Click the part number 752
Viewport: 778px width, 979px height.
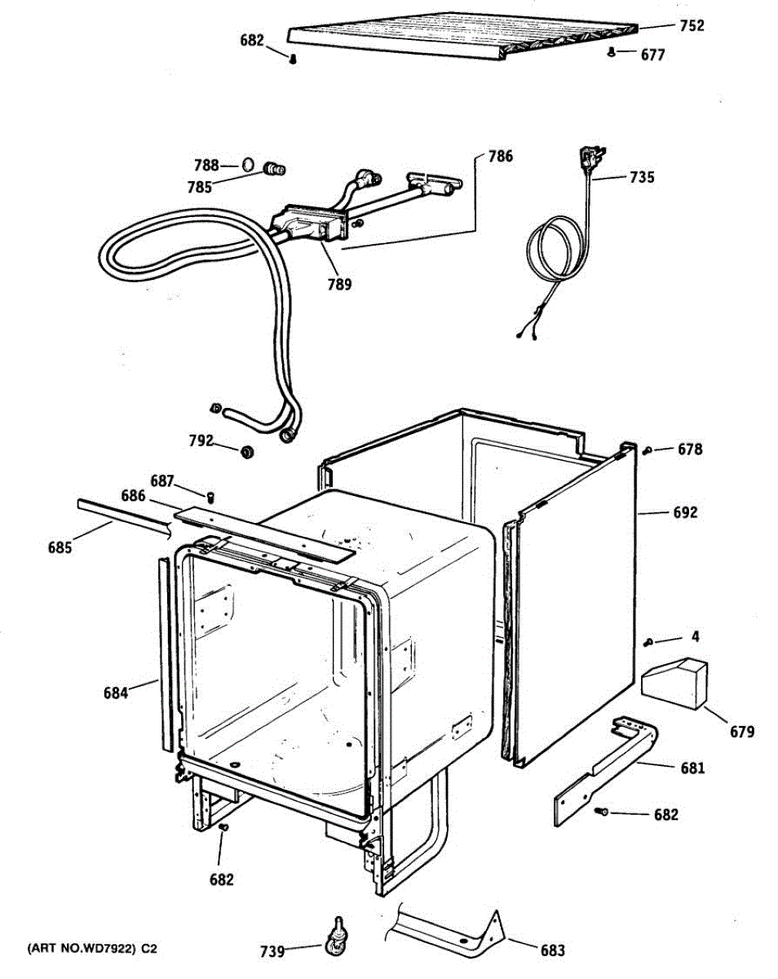692,26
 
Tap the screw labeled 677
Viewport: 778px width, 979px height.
611,53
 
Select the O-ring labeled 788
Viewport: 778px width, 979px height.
247,166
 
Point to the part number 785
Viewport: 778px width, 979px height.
199,187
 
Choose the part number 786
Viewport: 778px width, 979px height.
500,156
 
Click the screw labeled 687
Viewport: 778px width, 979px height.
210,495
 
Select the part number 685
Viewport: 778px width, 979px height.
59,547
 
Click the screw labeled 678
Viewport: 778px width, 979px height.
646,450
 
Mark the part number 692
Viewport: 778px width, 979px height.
685,513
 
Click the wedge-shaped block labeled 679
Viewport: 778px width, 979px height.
674,683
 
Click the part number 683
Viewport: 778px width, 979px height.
552,950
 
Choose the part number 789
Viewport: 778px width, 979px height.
339,284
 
